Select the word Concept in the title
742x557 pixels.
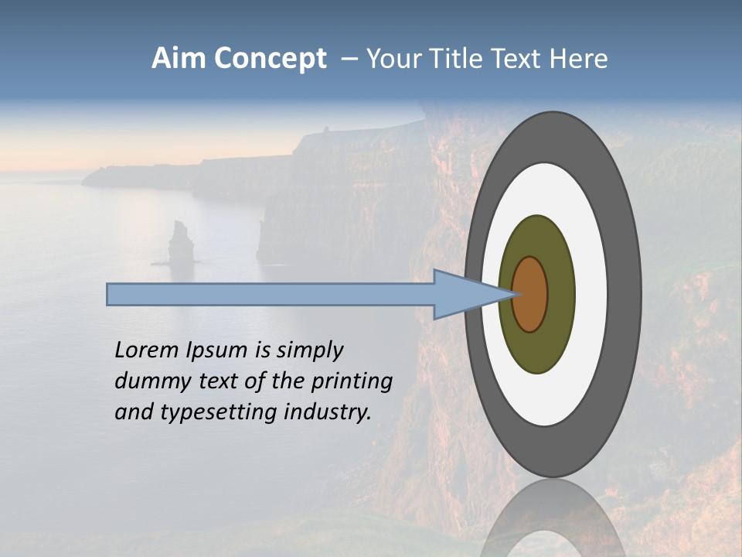271,59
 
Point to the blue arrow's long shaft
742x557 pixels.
271,295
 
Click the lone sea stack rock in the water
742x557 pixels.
182,244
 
